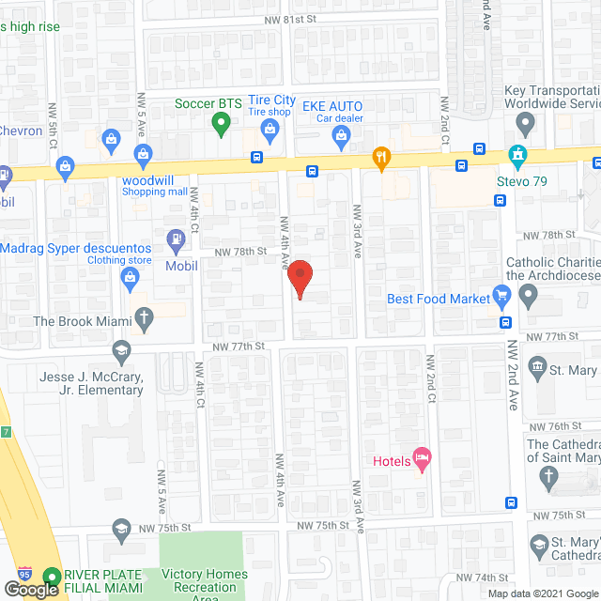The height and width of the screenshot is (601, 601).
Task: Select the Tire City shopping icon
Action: [x=270, y=137]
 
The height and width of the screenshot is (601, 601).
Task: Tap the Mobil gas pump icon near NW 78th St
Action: [x=175, y=241]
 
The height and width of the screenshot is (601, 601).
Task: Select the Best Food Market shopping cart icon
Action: [x=502, y=298]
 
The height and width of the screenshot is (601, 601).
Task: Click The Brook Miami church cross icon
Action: [x=144, y=318]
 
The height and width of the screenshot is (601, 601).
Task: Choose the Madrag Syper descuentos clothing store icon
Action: [x=130, y=276]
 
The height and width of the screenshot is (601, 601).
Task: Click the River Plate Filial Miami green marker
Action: [x=51, y=577]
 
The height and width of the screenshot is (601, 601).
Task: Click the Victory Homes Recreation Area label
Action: [x=205, y=581]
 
